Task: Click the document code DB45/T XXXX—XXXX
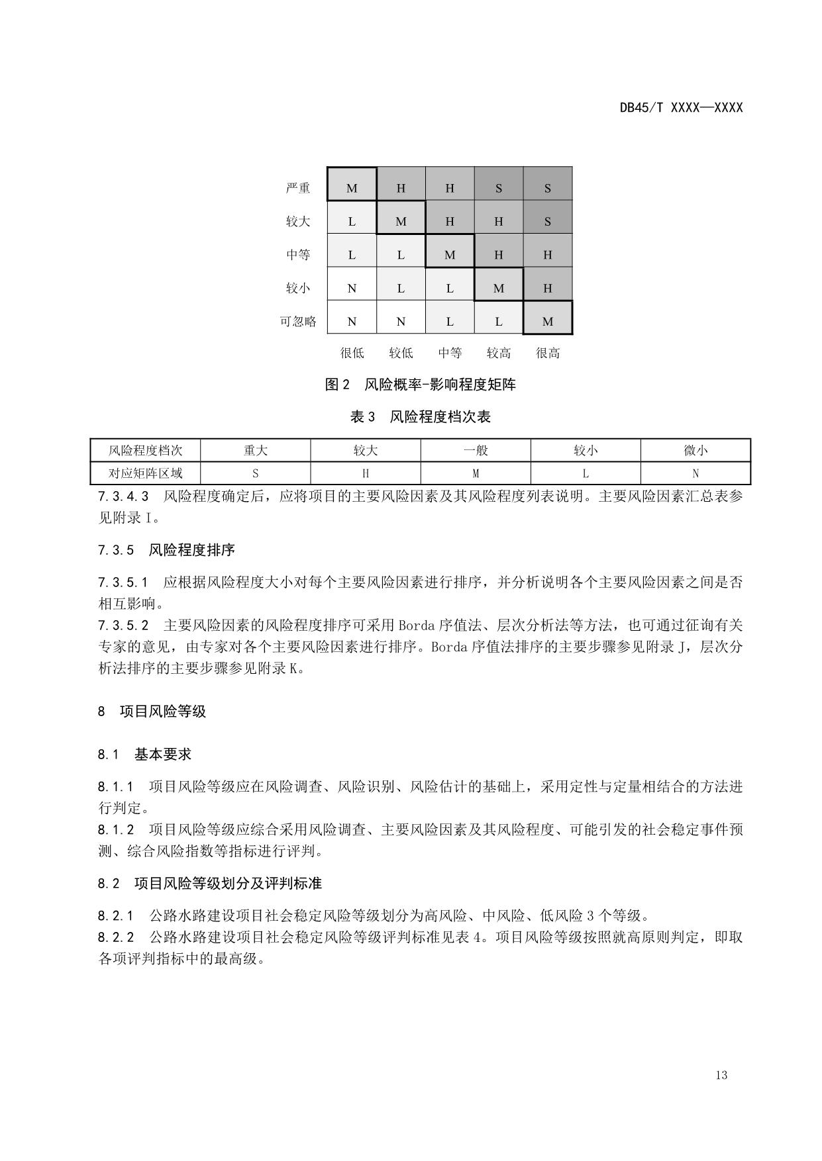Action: (x=681, y=107)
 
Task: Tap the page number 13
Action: (x=721, y=1075)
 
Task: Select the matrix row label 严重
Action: (x=298, y=188)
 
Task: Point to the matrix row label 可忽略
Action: (x=298, y=322)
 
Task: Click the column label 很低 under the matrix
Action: (x=352, y=353)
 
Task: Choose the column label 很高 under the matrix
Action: (x=548, y=353)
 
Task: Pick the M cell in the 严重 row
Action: (x=352, y=188)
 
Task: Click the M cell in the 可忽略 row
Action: (x=548, y=322)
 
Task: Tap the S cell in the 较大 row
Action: (x=548, y=221)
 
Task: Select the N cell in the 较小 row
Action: (x=352, y=288)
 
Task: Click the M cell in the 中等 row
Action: (x=450, y=255)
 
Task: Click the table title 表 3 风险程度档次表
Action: (x=420, y=417)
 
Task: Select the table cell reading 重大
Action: (x=255, y=451)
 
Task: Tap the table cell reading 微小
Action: (x=695, y=451)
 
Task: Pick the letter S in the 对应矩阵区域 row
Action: (x=255, y=473)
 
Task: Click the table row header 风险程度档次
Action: (x=145, y=451)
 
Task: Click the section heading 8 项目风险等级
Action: (x=152, y=712)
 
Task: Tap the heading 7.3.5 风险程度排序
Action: (x=166, y=550)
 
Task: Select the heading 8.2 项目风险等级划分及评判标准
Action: (x=209, y=884)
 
